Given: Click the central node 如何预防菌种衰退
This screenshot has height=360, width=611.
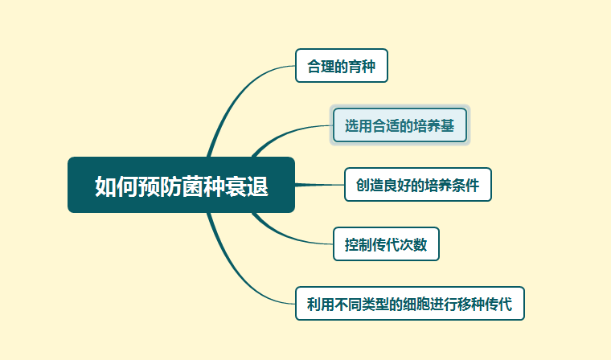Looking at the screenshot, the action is pyautogui.click(x=181, y=185).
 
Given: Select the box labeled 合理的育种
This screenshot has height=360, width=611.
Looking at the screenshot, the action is pyautogui.click(x=342, y=65).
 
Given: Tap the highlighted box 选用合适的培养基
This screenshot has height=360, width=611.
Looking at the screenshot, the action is pyautogui.click(x=400, y=125).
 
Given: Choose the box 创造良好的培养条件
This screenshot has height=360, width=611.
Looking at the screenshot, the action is pyautogui.click(x=418, y=185).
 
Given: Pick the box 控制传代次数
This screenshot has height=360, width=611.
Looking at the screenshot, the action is pyautogui.click(x=386, y=244).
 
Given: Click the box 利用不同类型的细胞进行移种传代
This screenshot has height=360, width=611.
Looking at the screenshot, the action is pyautogui.click(x=410, y=304).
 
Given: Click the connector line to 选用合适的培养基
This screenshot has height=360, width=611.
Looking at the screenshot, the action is pyautogui.click(x=286, y=134).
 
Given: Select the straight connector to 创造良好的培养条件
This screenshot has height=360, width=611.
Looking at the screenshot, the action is pyautogui.click(x=319, y=185).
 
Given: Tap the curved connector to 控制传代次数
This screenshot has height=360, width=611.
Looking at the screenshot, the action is pyautogui.click(x=286, y=235).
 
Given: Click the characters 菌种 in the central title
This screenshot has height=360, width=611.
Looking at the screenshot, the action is pyautogui.click(x=203, y=186).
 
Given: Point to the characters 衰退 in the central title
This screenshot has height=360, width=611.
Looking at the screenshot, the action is pyautogui.click(x=246, y=186).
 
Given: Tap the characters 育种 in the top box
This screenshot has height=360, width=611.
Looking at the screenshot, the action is pyautogui.click(x=362, y=66).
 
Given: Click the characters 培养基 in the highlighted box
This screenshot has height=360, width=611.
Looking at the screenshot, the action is pyautogui.click(x=434, y=126).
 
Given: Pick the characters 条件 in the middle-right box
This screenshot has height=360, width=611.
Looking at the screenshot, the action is pyautogui.click(x=466, y=186).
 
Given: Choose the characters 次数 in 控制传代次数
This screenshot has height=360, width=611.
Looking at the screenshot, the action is pyautogui.click(x=414, y=244).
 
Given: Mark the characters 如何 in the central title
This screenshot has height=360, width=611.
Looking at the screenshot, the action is pyautogui.click(x=117, y=186).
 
